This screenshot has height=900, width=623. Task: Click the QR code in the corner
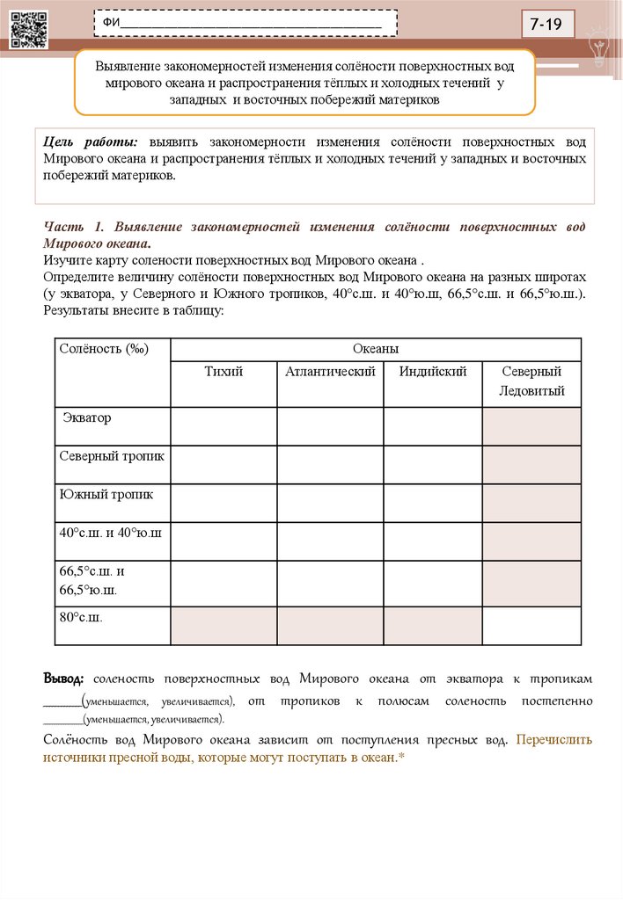[28, 28]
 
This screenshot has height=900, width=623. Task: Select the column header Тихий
[224, 372]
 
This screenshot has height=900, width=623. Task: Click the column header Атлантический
[330, 372]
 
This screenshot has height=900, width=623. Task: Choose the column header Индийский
[432, 372]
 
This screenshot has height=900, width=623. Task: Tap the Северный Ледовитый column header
[531, 381]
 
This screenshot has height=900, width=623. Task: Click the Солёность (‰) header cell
[104, 349]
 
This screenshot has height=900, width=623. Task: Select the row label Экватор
[86, 418]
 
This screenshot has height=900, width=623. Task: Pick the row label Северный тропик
[112, 456]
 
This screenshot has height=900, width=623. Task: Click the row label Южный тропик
[106, 494]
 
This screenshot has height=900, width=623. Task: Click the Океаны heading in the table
[376, 349]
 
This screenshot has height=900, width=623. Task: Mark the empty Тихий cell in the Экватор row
[224, 426]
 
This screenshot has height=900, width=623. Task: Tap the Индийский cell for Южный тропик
[432, 502]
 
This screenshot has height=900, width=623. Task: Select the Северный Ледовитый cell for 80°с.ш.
[531, 625]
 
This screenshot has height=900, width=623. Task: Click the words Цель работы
[91, 142]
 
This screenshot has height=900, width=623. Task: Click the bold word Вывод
[63, 680]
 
